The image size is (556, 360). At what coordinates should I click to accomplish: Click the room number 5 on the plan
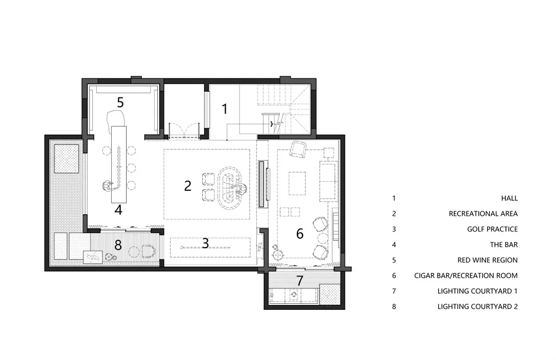click(120, 102)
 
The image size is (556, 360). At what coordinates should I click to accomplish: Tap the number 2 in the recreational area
click(187, 186)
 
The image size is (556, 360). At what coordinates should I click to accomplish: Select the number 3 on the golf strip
click(205, 243)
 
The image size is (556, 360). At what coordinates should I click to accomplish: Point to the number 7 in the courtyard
click(300, 280)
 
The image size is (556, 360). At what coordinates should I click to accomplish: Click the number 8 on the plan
click(118, 245)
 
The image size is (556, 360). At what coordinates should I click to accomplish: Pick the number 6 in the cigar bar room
click(300, 234)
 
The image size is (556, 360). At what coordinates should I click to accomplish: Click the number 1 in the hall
click(225, 109)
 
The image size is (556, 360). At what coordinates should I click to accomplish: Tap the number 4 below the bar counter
click(118, 210)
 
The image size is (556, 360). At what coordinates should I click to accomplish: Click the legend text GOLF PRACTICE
click(492, 229)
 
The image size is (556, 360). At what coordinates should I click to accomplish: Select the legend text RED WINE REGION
click(488, 260)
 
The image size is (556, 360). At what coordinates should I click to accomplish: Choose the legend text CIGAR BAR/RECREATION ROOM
click(466, 275)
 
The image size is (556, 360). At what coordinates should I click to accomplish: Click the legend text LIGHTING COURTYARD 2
click(478, 307)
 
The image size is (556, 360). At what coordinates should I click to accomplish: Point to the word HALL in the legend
click(509, 198)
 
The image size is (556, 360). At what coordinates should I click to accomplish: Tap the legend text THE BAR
click(504, 245)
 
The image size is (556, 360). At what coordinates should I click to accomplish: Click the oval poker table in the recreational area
click(230, 188)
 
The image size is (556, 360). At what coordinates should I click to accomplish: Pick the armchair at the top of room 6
click(298, 149)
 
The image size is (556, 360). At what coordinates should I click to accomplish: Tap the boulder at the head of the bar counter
click(116, 118)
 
